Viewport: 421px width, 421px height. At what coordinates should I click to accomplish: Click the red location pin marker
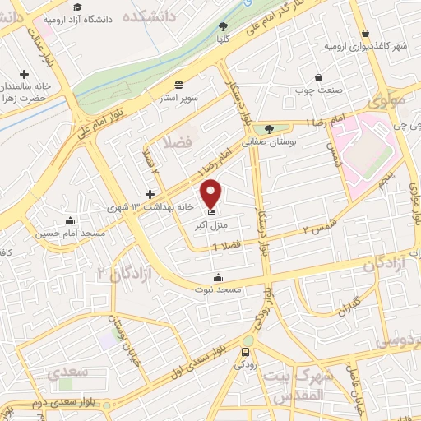tap(212, 193)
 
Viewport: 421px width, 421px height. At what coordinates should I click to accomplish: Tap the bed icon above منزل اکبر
tap(212, 213)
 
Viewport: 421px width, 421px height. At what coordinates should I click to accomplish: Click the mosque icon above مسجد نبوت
tap(217, 277)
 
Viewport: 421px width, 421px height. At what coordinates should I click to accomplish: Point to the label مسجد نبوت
tap(216, 289)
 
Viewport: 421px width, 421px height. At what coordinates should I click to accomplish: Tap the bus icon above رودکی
tap(245, 353)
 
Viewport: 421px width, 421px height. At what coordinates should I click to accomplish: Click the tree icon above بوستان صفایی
tap(269, 128)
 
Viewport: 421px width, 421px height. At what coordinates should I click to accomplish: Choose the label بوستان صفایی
tap(268, 141)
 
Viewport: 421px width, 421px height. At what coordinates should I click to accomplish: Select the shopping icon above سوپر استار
tap(179, 85)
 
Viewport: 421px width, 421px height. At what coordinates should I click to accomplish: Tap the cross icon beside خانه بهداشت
tap(149, 193)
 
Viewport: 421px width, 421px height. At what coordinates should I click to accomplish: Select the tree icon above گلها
tap(246, 25)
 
